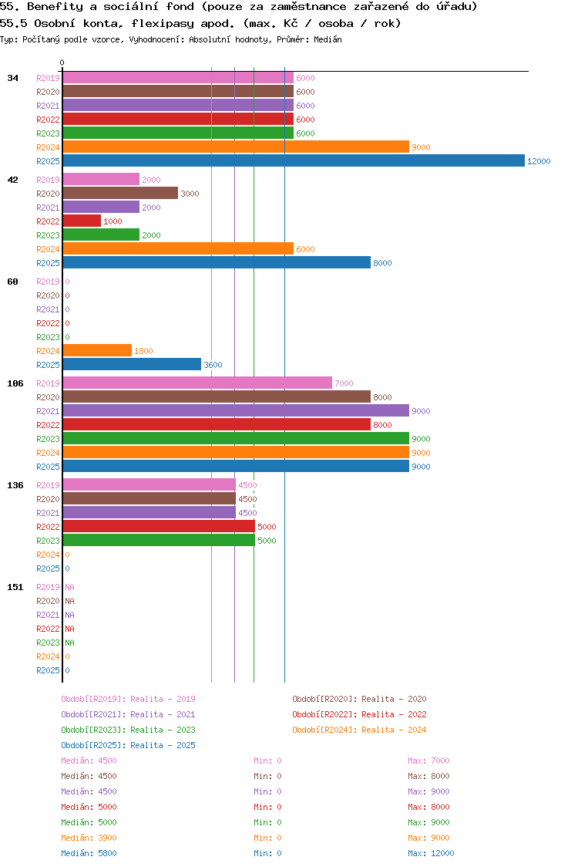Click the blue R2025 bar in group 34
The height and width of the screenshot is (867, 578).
point(293,161)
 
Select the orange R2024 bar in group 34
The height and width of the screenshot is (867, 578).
point(235,147)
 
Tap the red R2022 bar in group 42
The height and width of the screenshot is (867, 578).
point(81,221)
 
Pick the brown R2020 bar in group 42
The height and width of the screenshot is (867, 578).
point(119,194)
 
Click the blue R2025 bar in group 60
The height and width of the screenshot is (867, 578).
point(131,365)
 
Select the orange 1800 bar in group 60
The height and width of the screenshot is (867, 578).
point(96,351)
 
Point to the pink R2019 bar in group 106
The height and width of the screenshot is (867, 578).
point(197,383)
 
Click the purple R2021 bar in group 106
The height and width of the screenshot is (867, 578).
point(235,411)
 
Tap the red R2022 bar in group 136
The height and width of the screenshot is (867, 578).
point(158,527)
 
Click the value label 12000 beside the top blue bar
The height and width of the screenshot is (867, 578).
point(539,161)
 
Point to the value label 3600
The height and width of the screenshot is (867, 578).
point(213,365)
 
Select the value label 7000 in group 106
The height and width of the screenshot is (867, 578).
point(344,383)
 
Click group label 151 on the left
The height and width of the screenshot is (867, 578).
point(15,587)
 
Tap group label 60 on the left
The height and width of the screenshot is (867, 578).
point(12,282)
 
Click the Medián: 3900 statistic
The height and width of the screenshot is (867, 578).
point(89,838)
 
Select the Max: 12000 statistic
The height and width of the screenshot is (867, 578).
point(431,853)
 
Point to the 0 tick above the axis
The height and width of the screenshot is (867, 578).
point(62,62)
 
